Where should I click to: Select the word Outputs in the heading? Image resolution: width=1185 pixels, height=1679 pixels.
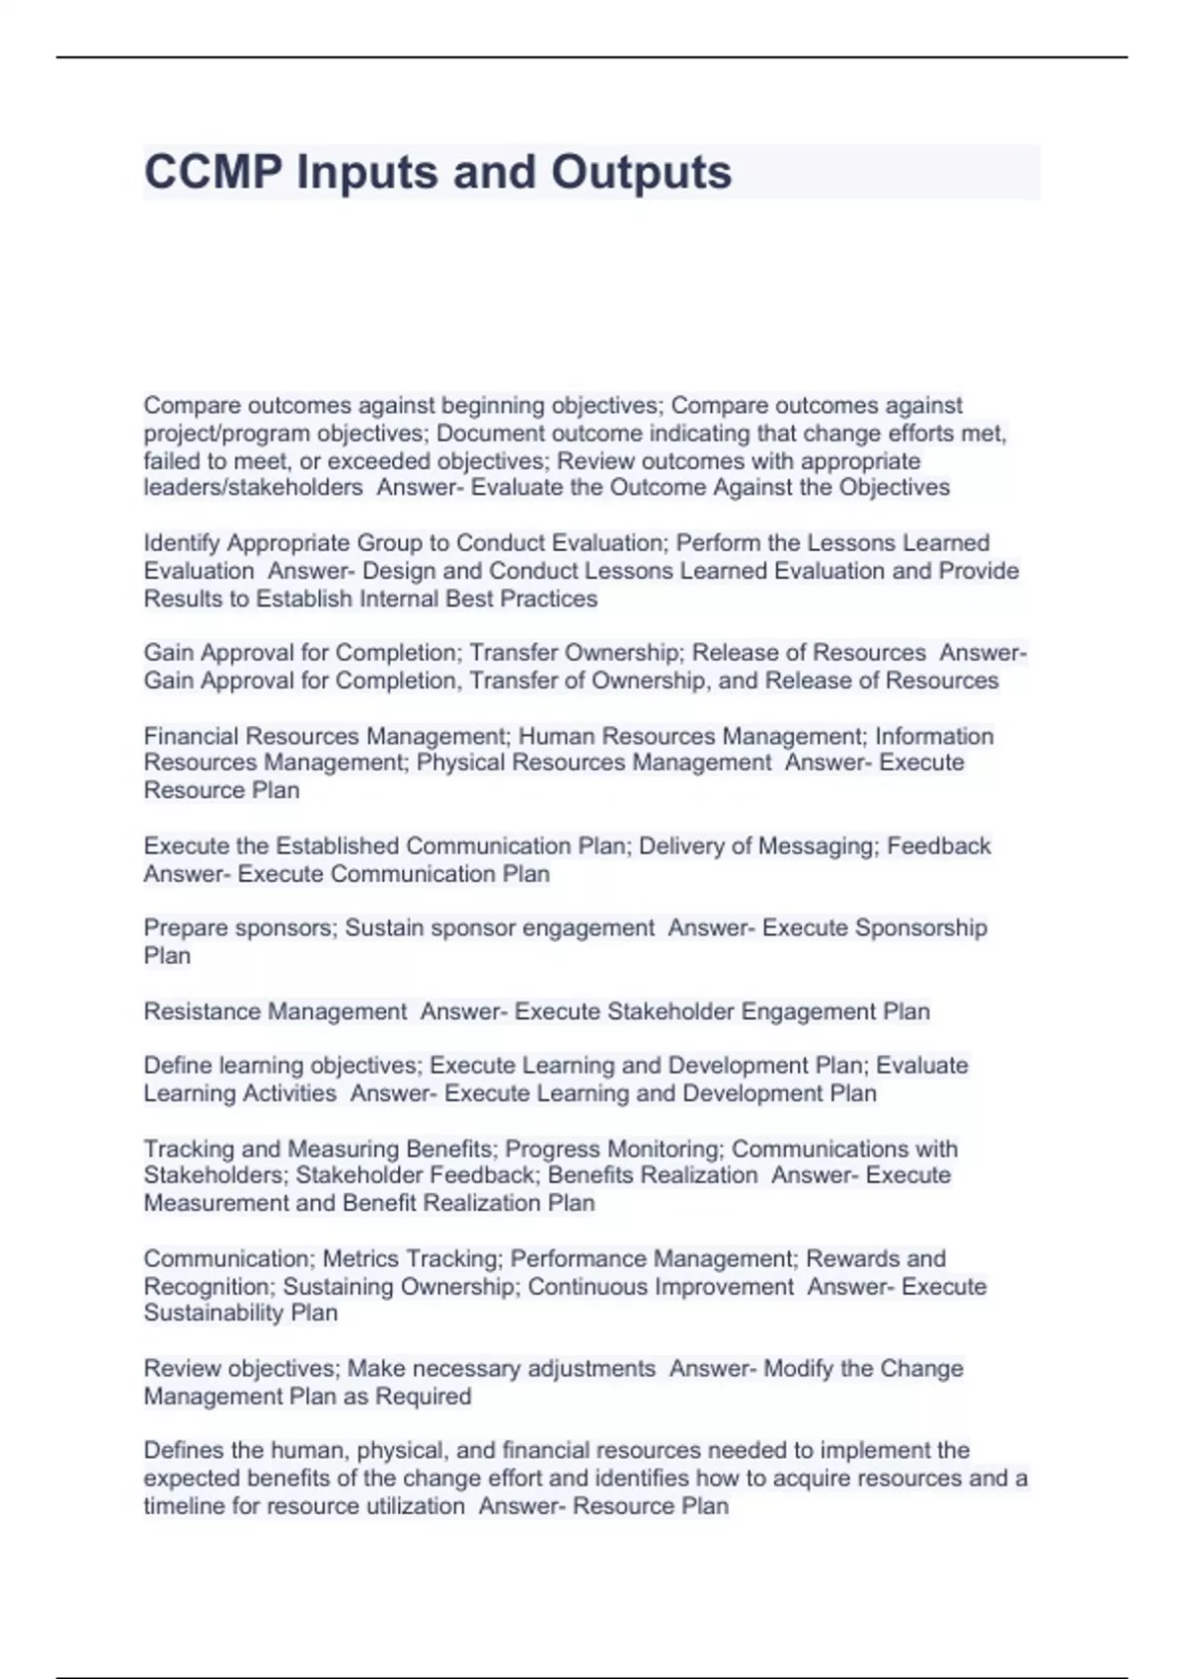pyautogui.click(x=641, y=173)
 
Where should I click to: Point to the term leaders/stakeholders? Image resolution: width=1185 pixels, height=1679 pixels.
pyautogui.click(x=253, y=488)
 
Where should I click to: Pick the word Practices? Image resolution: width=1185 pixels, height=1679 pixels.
pyautogui.click(x=548, y=599)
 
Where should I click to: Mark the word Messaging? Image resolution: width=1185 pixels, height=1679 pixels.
pyautogui.click(x=816, y=846)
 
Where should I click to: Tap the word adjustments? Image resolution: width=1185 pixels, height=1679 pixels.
pyautogui.click(x=592, y=1369)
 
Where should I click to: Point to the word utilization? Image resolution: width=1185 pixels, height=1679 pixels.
pyautogui.click(x=413, y=1506)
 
